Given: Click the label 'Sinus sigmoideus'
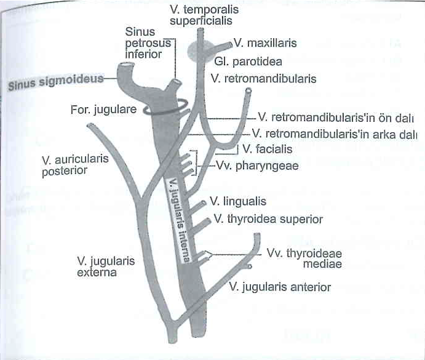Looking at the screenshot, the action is coord(56,82).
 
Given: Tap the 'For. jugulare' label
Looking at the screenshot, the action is coord(103,110).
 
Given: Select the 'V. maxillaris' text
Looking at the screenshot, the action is coord(265,43).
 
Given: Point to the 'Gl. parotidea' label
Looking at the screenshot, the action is coord(248,62).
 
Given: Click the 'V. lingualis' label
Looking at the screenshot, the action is coord(238,201).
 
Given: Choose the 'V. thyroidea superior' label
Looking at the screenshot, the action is coord(268,219).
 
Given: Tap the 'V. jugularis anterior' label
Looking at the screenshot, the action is coord(280,287).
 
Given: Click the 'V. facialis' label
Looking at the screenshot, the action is coord(268,149).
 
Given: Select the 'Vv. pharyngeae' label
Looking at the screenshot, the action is coord(257,166).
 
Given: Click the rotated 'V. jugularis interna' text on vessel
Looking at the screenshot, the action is coord(178,220).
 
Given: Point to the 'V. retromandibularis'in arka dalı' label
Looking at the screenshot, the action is coord(334,134).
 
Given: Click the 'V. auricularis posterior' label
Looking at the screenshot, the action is coord(75,165).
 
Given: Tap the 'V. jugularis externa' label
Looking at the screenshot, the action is coord(106,266).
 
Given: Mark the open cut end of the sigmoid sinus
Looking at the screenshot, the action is coord(127,65).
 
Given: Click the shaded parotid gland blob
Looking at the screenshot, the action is coord(200,51).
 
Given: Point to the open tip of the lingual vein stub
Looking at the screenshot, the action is coord(204,204).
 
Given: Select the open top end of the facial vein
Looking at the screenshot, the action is coord(248,90).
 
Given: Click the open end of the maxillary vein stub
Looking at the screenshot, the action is coord(231,44).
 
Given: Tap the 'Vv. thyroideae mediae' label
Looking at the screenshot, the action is coord(304,258).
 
